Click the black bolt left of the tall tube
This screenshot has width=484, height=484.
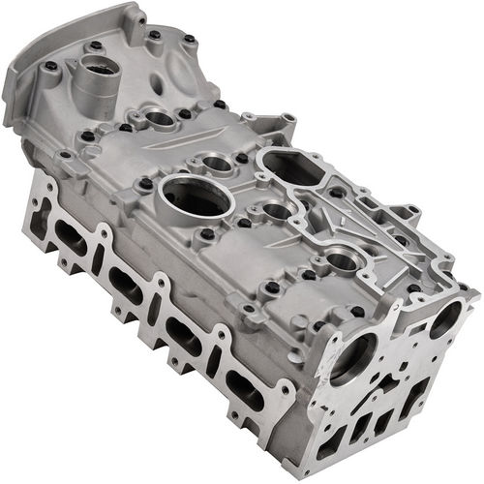point(50,66)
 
